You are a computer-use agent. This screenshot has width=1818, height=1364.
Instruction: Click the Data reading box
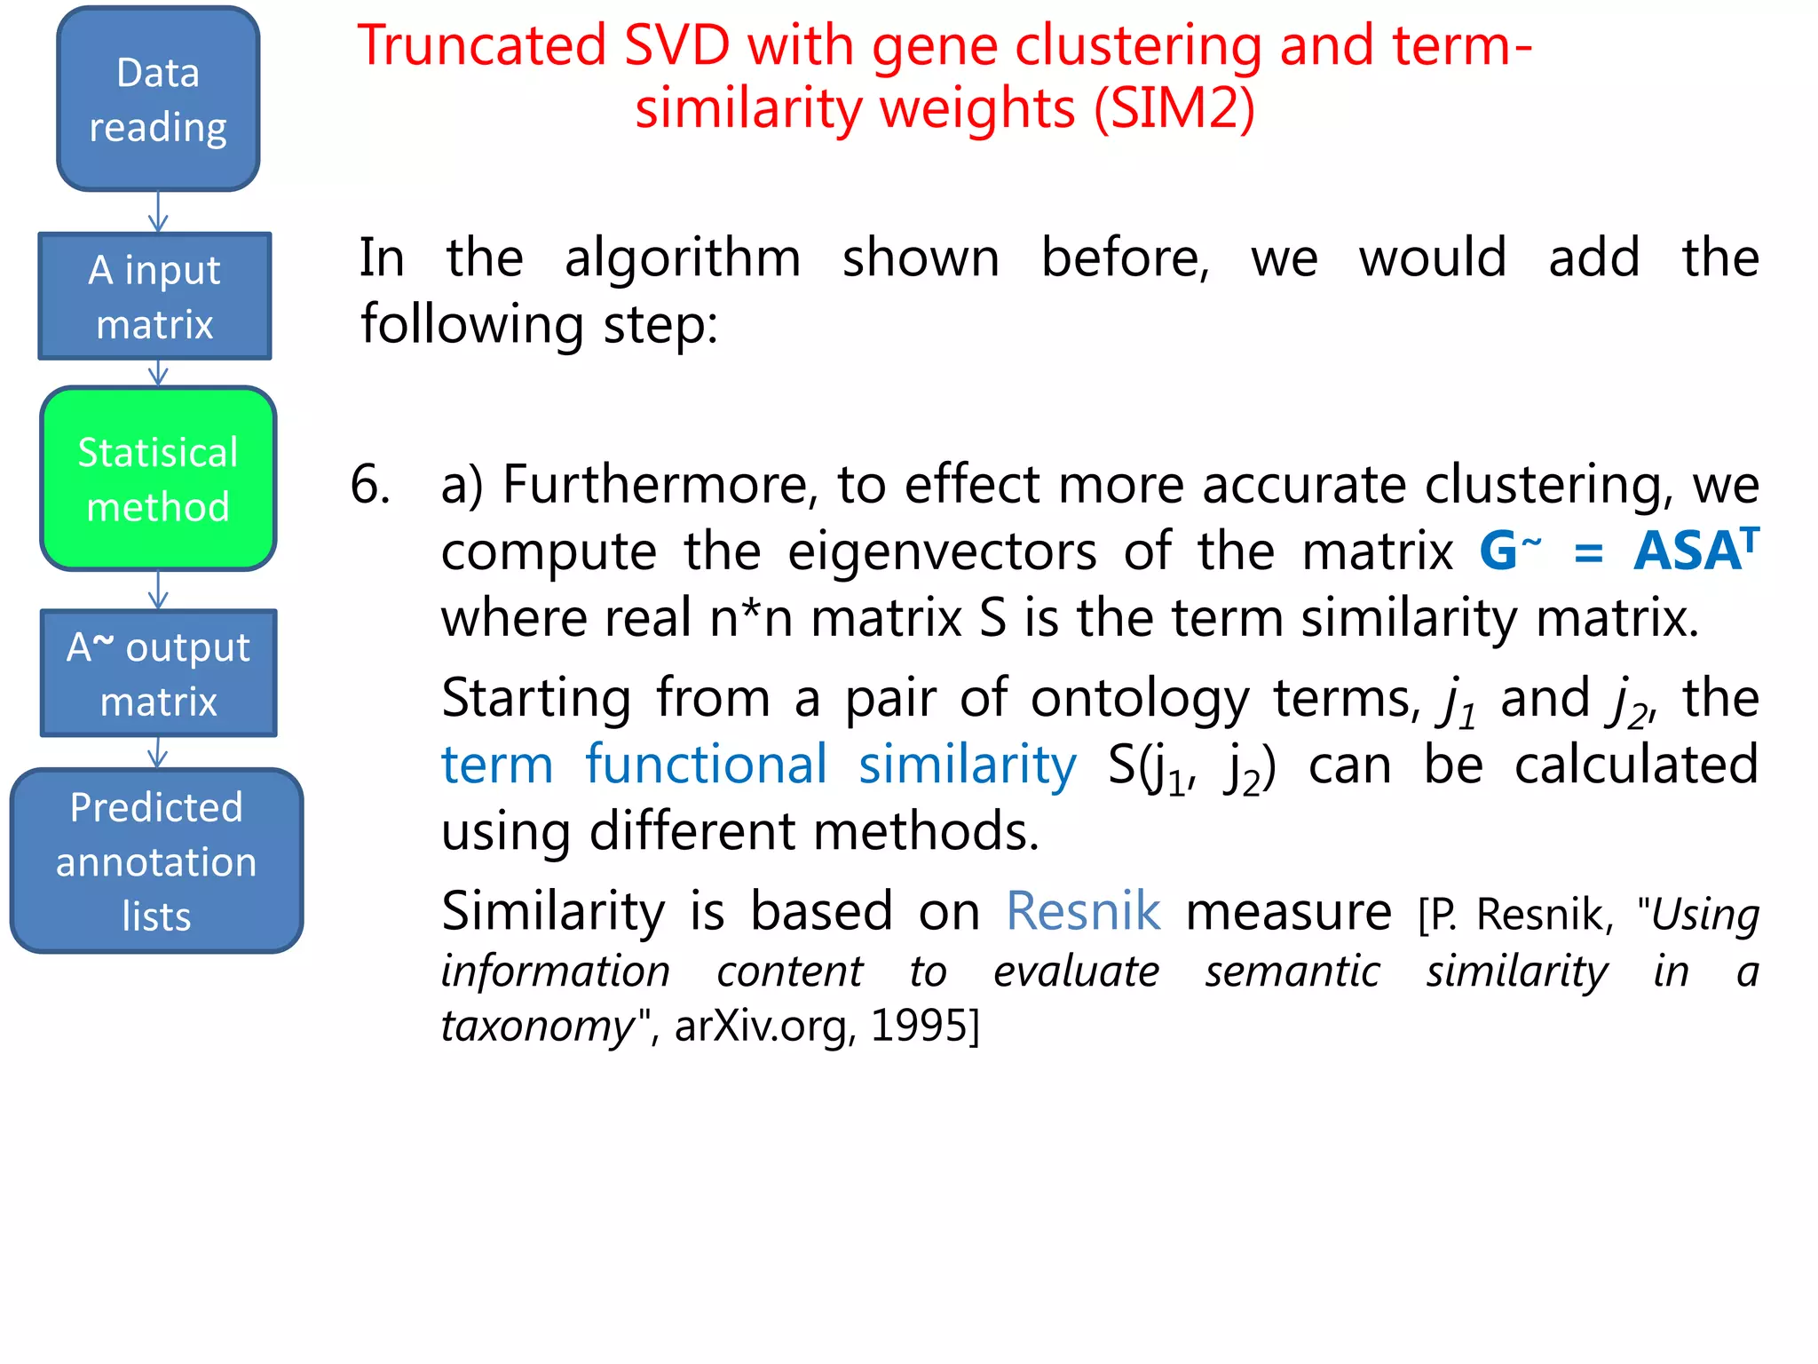[158, 99]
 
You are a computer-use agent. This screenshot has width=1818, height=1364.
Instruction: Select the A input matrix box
[154, 297]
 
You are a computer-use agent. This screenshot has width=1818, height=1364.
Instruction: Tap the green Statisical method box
[158, 480]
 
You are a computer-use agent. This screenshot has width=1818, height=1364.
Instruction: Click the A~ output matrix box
[158, 673]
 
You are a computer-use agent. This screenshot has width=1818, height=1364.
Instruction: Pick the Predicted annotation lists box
[156, 861]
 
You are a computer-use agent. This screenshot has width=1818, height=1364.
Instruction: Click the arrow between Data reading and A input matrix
[158, 212]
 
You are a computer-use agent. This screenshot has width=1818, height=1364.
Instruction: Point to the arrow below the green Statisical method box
[158, 590]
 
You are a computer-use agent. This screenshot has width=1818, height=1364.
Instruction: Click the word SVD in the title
[676, 46]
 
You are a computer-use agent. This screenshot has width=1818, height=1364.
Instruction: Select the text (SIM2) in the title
[1174, 109]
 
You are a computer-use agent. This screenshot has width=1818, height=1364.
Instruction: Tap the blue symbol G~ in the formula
[1509, 551]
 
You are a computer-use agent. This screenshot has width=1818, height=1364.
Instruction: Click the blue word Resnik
[1083, 911]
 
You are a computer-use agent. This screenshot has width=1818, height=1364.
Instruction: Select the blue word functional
[707, 765]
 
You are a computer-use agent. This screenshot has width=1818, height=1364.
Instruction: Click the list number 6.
[370, 486]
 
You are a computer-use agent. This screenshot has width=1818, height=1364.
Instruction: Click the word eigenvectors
[942, 552]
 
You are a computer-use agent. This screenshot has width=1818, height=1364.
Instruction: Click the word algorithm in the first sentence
[682, 258]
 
